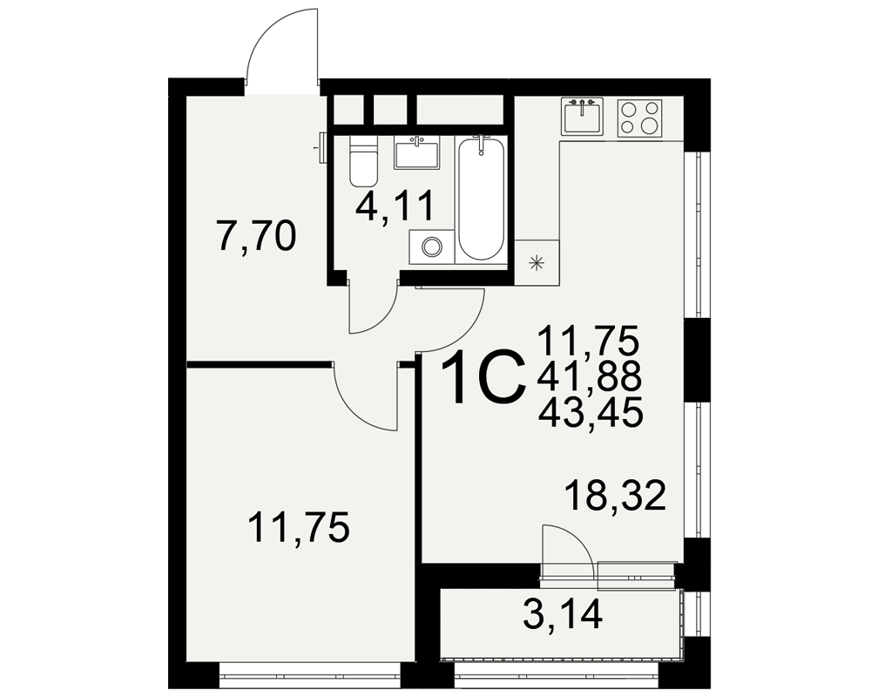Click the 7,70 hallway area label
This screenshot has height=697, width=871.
(256, 237)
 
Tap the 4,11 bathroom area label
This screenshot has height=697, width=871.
(395, 206)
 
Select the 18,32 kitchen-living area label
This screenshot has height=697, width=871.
(615, 496)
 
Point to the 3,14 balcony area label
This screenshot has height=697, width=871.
(563, 615)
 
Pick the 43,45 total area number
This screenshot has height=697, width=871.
(590, 412)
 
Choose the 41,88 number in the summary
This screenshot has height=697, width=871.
(590, 376)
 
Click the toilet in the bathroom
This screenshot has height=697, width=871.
(363, 161)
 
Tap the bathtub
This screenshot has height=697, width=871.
(481, 199)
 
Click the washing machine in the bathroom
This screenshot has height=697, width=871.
(431, 247)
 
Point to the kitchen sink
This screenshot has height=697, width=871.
(582, 116)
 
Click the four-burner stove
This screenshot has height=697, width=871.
(639, 118)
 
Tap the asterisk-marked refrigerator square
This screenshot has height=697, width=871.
(537, 263)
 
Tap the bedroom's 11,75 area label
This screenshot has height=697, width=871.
(299, 527)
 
